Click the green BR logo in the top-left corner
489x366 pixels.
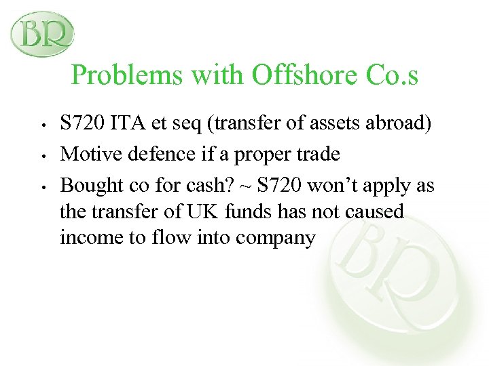click(42, 34)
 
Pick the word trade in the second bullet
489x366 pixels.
click(316, 155)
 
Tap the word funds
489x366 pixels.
click(242, 212)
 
